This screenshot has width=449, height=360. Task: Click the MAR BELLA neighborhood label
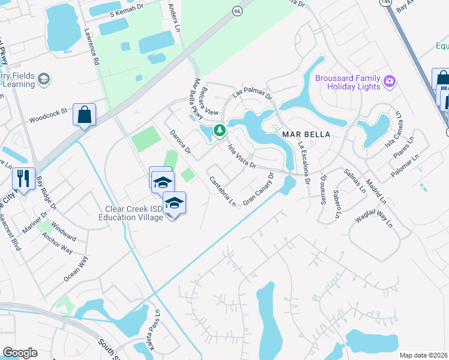tap(306, 134)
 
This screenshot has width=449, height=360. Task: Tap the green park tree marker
tap(220, 130)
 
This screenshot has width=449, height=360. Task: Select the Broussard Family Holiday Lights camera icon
tap(389, 80)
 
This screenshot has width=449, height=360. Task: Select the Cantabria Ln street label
tap(222, 191)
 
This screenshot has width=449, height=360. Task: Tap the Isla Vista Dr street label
tap(242, 155)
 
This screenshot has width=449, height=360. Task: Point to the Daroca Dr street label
tap(179, 141)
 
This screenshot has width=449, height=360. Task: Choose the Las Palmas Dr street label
tap(253, 91)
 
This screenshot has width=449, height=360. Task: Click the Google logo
tap(20, 353)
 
